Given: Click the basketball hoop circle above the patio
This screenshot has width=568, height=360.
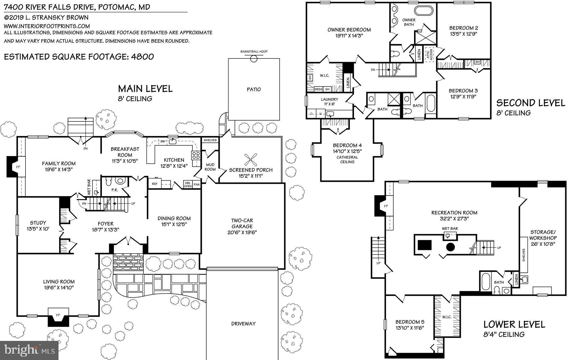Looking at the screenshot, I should [254, 58].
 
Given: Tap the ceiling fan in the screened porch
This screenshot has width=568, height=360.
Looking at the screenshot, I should [251, 160].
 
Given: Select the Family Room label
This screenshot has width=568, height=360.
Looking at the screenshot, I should [59, 164].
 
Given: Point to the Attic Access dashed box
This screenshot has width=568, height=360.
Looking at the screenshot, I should [430, 55].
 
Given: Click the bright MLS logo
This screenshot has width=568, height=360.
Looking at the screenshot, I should [29, 350].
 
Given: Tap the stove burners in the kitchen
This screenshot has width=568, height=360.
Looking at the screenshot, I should [196, 155].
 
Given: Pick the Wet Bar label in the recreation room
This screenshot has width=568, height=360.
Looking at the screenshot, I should [450, 229].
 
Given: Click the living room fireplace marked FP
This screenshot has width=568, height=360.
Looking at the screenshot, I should [58, 315].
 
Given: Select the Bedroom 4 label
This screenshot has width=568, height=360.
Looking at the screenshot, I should [347, 145].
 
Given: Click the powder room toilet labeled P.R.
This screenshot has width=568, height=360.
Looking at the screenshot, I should [108, 182].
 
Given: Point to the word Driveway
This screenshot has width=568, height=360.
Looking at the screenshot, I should [243, 323].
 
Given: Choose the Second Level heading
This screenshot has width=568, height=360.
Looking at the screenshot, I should [531, 103].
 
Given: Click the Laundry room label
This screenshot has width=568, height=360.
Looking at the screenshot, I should [329, 99].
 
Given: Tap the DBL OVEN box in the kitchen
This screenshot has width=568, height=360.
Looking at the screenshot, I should [188, 184].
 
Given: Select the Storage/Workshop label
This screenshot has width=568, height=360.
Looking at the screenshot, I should [543, 235].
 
